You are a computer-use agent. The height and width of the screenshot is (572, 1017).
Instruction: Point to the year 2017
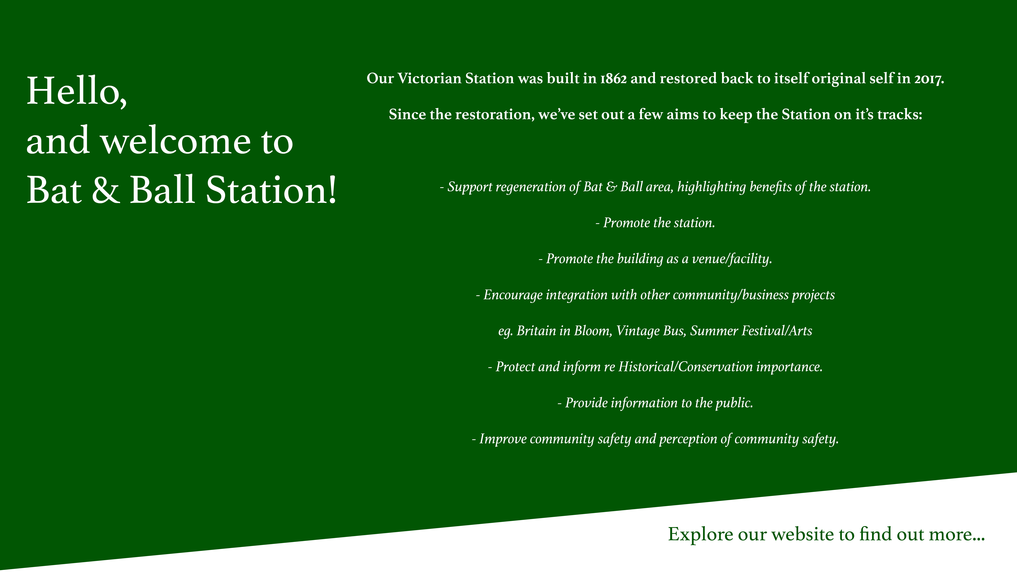(929, 79)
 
